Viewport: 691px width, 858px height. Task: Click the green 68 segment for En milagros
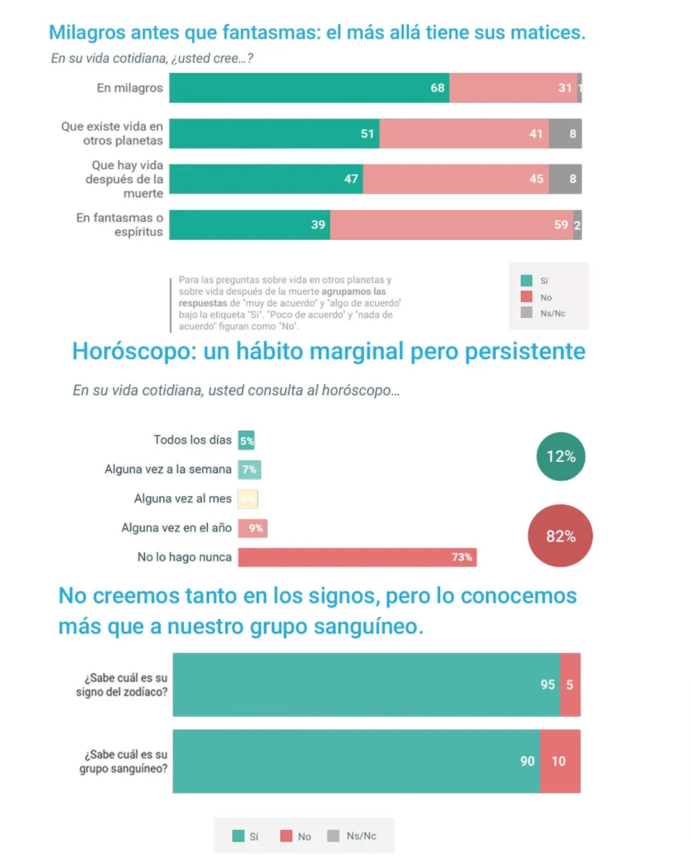[309, 88]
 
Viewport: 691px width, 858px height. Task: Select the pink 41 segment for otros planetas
[464, 134]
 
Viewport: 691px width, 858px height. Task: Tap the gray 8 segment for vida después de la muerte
[565, 179]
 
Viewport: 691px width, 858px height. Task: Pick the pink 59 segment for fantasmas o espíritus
[452, 225]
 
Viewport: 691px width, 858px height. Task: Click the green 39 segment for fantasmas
[250, 225]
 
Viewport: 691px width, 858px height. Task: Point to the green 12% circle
[560, 456]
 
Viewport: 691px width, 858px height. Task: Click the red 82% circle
[560, 536]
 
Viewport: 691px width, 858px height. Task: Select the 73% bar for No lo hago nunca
[357, 557]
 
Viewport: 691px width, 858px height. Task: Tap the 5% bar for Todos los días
[246, 441]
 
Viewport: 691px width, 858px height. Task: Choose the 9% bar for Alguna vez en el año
[252, 528]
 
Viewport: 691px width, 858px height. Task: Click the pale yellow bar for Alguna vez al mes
[248, 499]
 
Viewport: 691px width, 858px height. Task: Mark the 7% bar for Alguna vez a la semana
[249, 470]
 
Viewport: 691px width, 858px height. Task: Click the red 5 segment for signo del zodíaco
[570, 685]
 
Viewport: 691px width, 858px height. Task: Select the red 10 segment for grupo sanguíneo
[560, 761]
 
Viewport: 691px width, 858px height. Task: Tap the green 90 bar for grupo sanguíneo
[356, 761]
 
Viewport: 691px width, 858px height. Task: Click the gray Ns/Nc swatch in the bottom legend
[333, 836]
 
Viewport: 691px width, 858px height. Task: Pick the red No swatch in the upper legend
[527, 297]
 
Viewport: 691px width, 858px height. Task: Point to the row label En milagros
[130, 88]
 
